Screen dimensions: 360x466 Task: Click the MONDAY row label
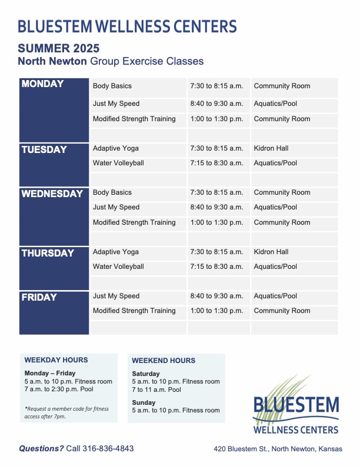tap(42, 84)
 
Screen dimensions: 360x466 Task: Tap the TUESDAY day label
tap(44, 149)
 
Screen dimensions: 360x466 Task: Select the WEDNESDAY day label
tap(52, 194)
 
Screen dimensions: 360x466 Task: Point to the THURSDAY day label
tap(48, 253)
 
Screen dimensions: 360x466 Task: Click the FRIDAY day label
tap(39, 298)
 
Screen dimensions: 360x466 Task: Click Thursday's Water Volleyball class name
tap(118, 267)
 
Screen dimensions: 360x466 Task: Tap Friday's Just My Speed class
tap(116, 296)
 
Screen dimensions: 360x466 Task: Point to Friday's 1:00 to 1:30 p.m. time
tap(216, 311)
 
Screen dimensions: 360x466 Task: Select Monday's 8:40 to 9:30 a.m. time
tap(216, 104)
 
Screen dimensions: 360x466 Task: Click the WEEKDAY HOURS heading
tap(56, 360)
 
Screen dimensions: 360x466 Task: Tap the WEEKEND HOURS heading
tap(164, 361)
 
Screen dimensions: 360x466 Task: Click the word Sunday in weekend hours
tap(144, 402)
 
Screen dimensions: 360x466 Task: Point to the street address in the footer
tap(278, 449)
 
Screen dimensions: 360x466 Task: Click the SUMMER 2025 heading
tap(58, 48)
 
